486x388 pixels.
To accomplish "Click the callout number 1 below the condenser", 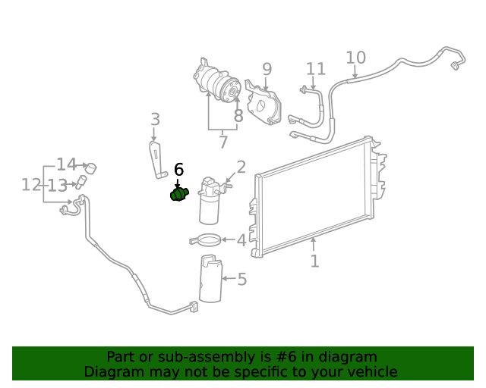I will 314,261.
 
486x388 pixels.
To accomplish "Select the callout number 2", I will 241,167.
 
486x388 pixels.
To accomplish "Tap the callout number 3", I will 155,120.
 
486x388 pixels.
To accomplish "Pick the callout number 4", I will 241,240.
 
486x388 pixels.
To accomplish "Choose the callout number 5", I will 241,280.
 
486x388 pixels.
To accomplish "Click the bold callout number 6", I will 179,170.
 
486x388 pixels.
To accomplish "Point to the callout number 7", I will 222,142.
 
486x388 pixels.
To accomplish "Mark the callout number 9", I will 267,70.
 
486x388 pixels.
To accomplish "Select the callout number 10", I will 355,58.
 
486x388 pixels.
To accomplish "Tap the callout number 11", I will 316,69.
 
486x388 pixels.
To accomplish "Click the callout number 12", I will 30,184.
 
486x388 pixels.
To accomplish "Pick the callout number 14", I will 67,164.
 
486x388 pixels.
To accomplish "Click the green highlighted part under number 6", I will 178,195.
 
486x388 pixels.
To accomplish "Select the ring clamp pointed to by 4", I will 205,241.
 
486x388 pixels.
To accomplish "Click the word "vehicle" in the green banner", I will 368,371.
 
